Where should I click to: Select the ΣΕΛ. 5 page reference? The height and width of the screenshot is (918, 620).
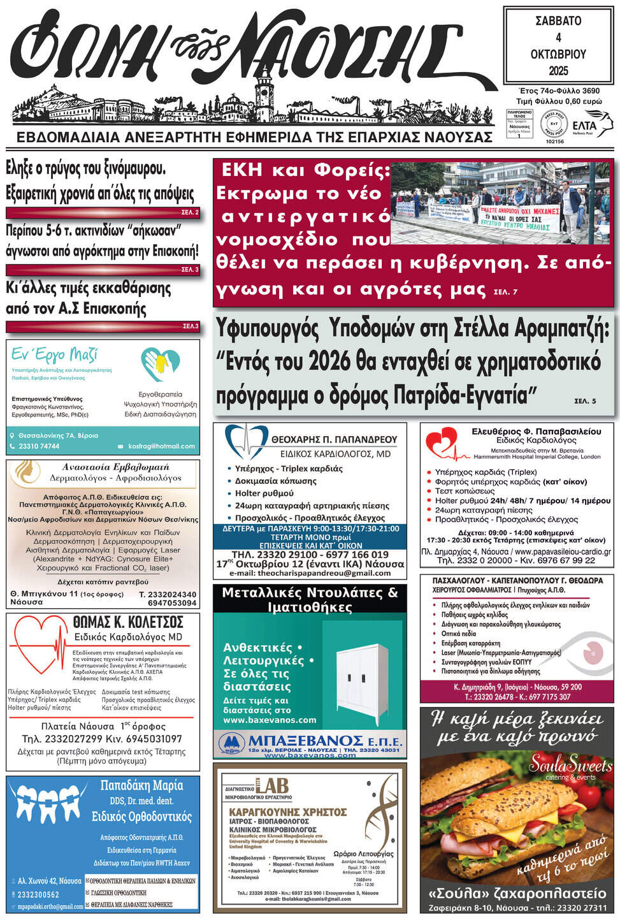point(585,401)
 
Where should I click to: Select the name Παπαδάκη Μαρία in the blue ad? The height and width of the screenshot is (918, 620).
point(141,785)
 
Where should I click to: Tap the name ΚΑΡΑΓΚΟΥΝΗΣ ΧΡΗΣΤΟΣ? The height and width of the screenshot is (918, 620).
point(288,812)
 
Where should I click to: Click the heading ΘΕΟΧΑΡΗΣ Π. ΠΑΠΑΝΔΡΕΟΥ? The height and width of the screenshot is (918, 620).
point(334,439)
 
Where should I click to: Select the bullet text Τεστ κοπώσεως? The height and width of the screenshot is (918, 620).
point(465,491)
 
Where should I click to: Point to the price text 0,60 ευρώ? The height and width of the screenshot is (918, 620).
point(581,101)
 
